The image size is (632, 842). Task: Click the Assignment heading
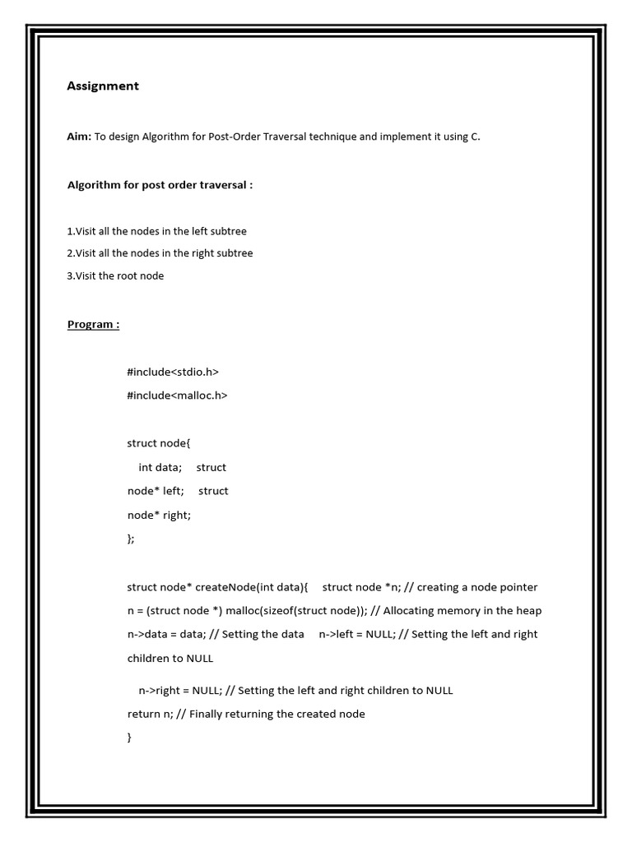point(103,86)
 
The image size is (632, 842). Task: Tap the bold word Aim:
point(79,136)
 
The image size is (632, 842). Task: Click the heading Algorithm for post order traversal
point(160,184)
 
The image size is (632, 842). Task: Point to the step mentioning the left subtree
point(157,231)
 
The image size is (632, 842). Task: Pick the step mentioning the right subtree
point(160,253)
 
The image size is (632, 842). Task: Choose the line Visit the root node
point(115,275)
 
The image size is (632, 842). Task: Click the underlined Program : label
point(93,324)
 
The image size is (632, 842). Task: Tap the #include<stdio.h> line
point(173,372)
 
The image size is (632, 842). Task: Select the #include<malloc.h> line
point(177,395)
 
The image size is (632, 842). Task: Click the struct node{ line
point(158,443)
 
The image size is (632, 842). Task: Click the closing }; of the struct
point(131,539)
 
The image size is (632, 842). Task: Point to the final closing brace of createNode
point(130,738)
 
